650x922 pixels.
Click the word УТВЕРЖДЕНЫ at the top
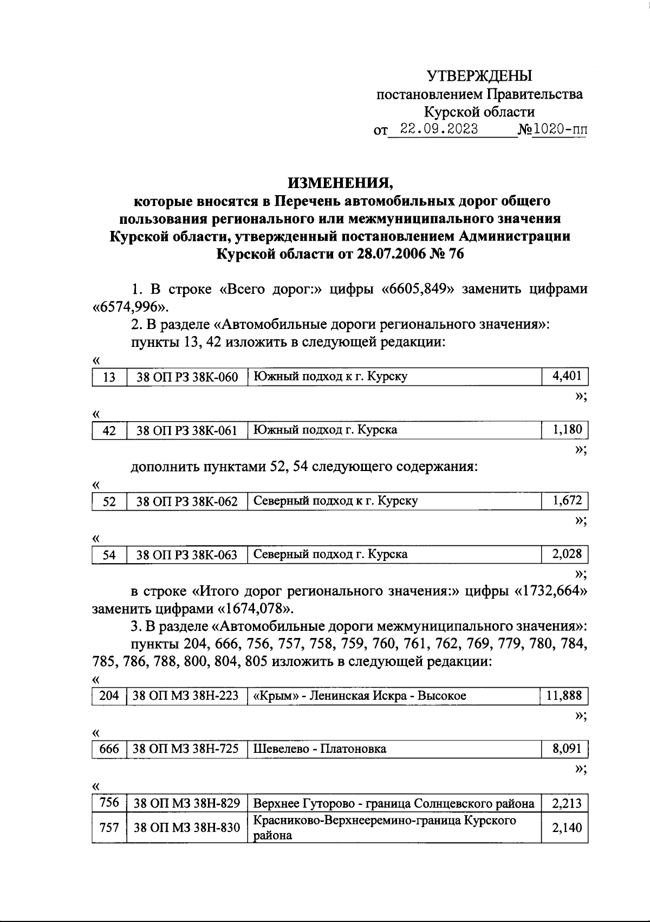point(479,76)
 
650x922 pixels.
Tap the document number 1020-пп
point(560,129)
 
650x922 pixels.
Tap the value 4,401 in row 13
point(566,376)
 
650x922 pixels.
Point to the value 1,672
point(566,501)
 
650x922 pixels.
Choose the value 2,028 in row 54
point(566,554)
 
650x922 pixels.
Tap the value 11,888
point(564,695)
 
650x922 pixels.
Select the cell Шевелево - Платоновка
point(320,750)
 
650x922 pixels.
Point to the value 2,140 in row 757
point(566,828)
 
